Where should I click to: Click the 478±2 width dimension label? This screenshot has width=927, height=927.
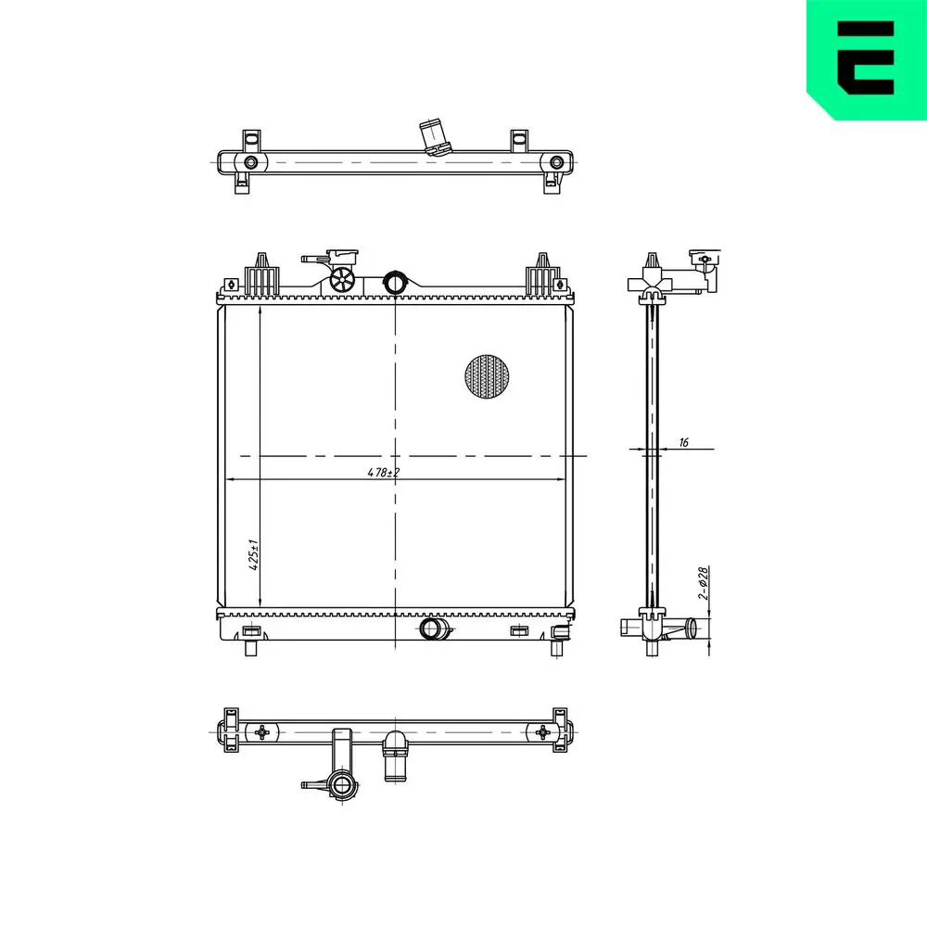click(384, 473)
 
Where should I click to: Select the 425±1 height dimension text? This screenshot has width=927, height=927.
click(254, 554)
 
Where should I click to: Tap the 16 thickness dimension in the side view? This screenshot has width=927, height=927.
click(684, 442)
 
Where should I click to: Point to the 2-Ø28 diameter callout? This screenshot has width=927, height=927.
click(703, 583)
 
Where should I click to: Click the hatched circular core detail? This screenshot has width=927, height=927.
click(487, 376)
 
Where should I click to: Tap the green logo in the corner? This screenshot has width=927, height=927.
click(867, 59)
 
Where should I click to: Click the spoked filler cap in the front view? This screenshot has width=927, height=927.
click(342, 279)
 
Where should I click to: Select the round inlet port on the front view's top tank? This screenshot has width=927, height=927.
click(394, 282)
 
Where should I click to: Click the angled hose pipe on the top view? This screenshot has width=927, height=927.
click(433, 137)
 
